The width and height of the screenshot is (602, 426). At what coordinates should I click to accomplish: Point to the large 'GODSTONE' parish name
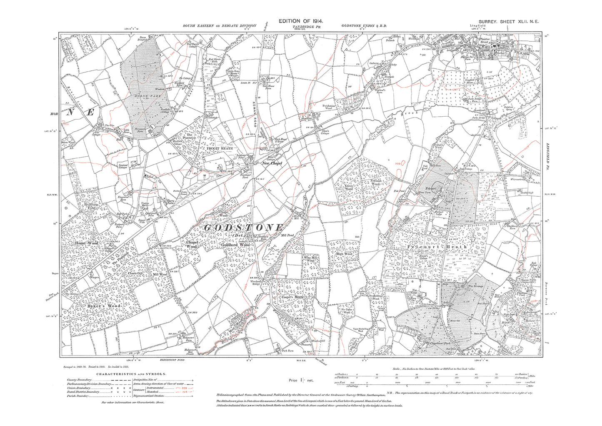pyautogui.click(x=244, y=228)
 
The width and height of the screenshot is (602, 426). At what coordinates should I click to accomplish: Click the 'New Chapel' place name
pyautogui.click(x=272, y=163)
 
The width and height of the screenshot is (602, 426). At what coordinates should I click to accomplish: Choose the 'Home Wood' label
pyautogui.click(x=86, y=243)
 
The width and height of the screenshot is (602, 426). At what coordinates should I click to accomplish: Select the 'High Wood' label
pyautogui.click(x=344, y=253)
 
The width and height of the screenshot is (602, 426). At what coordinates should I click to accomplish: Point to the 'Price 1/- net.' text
pyautogui.click(x=301, y=380)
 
